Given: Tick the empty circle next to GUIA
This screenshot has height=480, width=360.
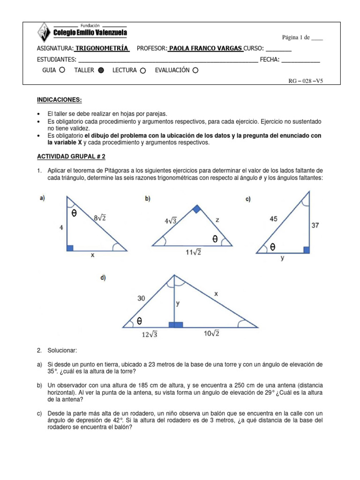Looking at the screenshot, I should [62, 70].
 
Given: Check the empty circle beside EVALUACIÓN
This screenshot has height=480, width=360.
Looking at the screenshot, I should [195, 70].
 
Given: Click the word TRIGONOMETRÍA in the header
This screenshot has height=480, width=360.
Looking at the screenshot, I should [102, 48].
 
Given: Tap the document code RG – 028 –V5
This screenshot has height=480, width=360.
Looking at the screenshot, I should [306, 81].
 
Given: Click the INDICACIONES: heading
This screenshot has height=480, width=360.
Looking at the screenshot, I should [59, 100].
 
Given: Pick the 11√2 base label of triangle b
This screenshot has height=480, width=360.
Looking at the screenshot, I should [192, 253].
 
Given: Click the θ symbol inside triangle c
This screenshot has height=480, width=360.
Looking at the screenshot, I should [272, 247].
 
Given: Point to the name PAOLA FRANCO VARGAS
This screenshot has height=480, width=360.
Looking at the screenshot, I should [205, 48].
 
